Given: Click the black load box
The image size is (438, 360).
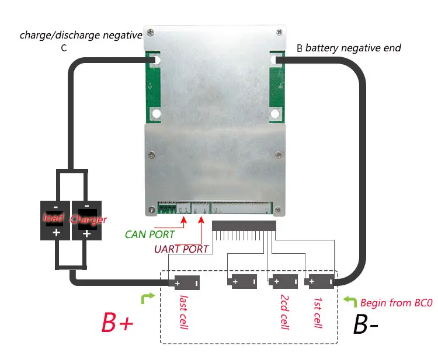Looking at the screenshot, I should pos(55,220).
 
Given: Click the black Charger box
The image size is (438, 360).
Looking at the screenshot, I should pos(86,220).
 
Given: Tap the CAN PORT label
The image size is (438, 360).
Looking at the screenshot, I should pos(150,235).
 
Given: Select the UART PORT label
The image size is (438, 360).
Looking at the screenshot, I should pos(181,249).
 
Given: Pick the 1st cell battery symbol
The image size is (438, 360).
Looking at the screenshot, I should pos(321,282).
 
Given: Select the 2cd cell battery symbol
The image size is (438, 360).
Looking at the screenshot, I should pos(283,282).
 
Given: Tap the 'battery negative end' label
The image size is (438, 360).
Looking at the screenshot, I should pos(353,48).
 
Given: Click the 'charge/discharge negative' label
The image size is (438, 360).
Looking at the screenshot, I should pos(81,35).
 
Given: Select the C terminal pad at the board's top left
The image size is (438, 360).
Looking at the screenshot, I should pos(155,60).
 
